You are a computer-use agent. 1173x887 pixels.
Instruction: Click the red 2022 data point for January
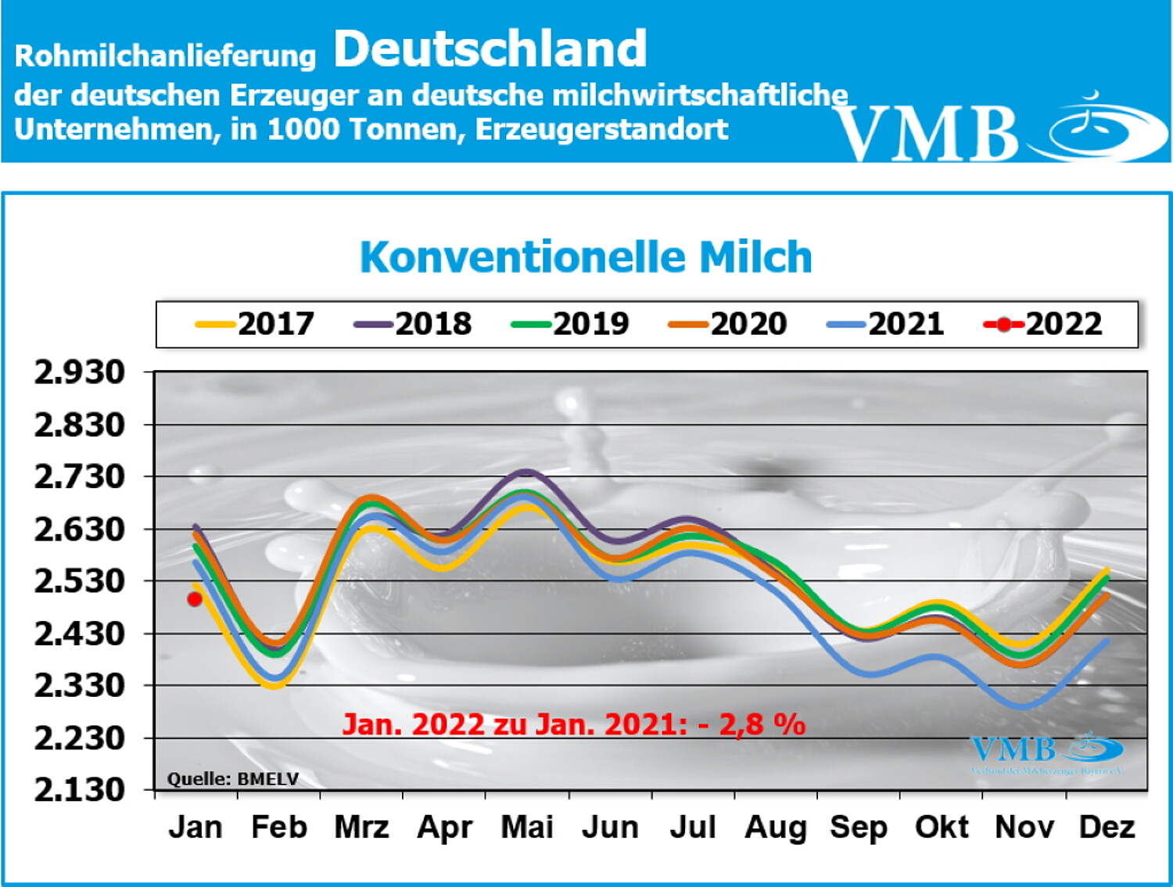[x=195, y=599]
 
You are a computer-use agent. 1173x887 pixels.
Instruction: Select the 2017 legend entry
[x=256, y=324]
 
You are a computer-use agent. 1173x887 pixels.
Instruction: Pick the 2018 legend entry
[x=414, y=324]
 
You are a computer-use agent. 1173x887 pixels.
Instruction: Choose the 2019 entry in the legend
[x=571, y=324]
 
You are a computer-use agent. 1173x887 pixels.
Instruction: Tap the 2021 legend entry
[x=886, y=324]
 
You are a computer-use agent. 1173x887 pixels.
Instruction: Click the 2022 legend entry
[x=1044, y=324]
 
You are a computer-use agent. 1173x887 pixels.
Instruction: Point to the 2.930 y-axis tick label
[x=79, y=372]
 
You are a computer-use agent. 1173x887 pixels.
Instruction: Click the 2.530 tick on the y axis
[x=79, y=581]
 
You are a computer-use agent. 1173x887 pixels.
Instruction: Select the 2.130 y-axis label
[x=79, y=790]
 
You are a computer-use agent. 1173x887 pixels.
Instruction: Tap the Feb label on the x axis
[x=278, y=828]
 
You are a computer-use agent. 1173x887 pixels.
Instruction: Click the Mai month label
[x=527, y=828]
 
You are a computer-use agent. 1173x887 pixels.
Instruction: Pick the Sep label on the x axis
[x=858, y=828]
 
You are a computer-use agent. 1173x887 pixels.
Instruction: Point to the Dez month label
[x=1107, y=828]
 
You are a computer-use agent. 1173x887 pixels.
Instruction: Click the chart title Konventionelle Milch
[x=586, y=257]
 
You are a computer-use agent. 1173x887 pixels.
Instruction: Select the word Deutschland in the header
[x=490, y=48]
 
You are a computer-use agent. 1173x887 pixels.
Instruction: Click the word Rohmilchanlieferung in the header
[x=165, y=56]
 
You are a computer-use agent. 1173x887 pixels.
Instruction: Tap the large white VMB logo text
[x=927, y=133]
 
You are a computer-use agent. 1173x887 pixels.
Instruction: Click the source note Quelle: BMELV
[x=233, y=779]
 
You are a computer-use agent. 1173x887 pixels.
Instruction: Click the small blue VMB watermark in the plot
[x=1013, y=751]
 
